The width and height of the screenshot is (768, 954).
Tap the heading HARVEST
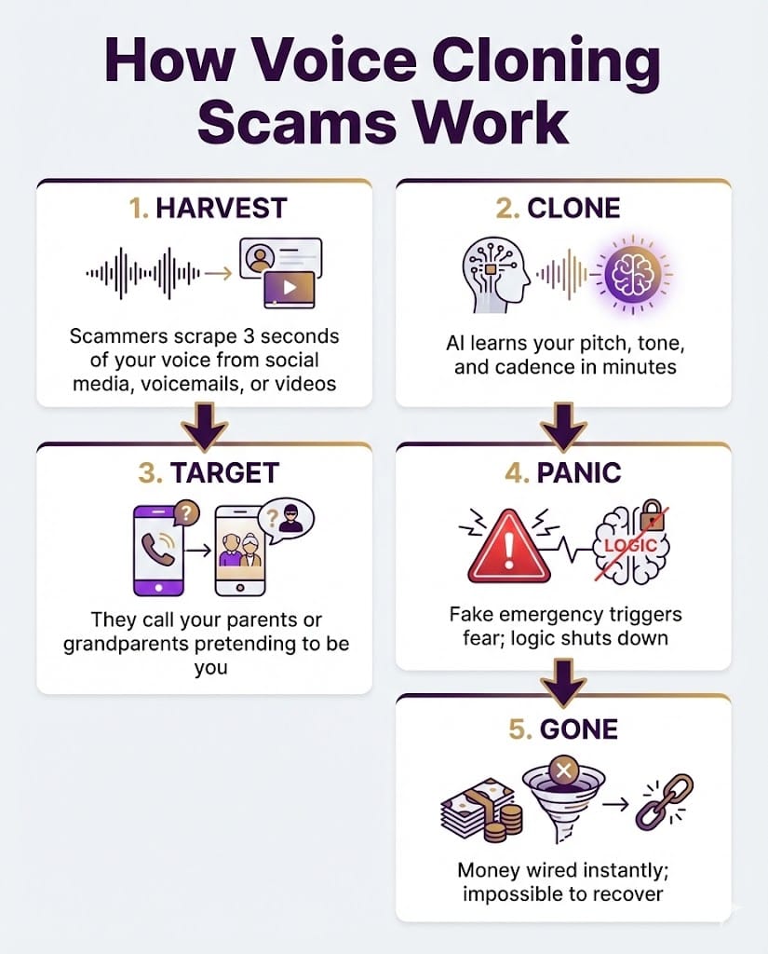pyautogui.click(x=222, y=208)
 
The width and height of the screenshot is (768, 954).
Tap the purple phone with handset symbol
pyautogui.click(x=158, y=550)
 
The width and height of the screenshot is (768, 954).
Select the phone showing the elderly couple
pyautogui.click(x=240, y=550)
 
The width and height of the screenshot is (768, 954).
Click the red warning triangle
pyautogui.click(x=509, y=546)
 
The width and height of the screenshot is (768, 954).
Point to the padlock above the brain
pyautogui.click(x=651, y=514)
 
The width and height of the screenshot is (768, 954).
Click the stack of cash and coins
pyautogui.click(x=480, y=810)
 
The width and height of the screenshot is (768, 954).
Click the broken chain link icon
pyautogui.click(x=664, y=802)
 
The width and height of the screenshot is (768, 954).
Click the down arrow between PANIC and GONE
pyautogui.click(x=564, y=683)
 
